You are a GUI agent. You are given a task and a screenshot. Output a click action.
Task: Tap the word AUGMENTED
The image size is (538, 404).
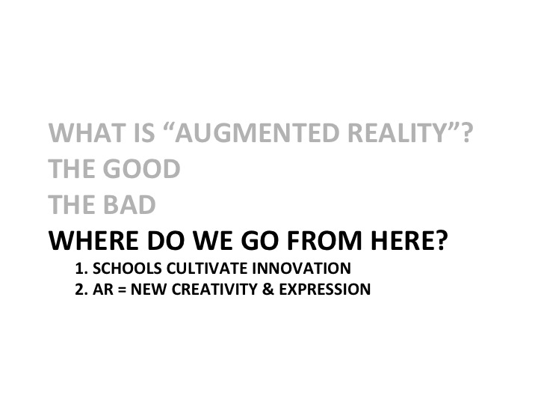click(x=257, y=132)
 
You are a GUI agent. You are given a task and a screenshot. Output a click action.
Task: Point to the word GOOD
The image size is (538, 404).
click(x=141, y=168)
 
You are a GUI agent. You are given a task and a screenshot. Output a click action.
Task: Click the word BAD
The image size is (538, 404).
click(x=129, y=205)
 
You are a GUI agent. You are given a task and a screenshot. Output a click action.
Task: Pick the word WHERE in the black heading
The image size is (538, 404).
click(x=93, y=240)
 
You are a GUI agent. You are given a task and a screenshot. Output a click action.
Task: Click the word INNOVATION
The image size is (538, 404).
click(x=301, y=269)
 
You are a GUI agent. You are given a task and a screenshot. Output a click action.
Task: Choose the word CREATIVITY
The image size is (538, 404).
click(x=214, y=289)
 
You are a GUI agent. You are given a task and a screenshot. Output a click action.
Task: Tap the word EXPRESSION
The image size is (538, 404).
click(x=324, y=289)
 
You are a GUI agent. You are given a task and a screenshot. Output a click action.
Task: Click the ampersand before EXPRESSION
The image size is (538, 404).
click(x=268, y=289)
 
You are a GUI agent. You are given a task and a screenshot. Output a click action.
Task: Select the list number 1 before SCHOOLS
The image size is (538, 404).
click(x=80, y=269)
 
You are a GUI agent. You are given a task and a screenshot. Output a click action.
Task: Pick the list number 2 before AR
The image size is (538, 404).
click(x=80, y=289)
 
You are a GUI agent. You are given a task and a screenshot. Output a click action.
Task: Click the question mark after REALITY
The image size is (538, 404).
click(x=466, y=132)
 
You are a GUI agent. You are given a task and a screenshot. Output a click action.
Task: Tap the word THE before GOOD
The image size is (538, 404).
click(x=72, y=168)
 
